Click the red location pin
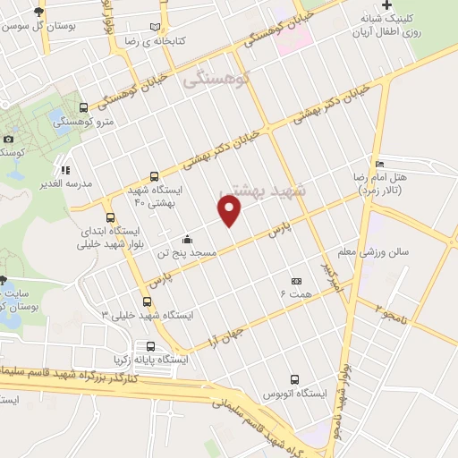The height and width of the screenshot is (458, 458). (230, 211)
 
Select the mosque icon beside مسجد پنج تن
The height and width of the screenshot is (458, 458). (187, 240)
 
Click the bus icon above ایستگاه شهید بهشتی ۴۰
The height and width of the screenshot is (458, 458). (154, 176)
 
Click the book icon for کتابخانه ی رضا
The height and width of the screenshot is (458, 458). (157, 29)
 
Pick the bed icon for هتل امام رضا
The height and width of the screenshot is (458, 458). (380, 165)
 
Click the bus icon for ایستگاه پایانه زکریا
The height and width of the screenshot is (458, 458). (149, 346)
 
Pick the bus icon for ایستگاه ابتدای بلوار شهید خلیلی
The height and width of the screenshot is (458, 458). (111, 217)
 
